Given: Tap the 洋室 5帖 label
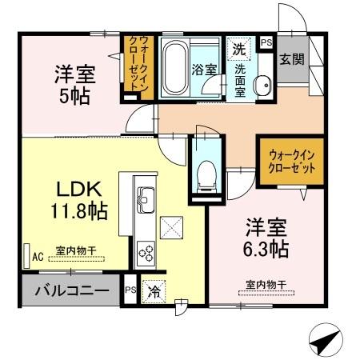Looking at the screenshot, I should click(74, 84).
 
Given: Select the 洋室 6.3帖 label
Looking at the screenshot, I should click(266, 238).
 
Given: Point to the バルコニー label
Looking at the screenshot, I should click(71, 290).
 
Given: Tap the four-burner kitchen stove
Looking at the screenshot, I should click(146, 253).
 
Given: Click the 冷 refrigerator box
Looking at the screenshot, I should click(153, 291).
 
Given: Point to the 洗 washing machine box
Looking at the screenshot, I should click(238, 49).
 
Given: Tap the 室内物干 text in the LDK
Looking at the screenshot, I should click(76, 251).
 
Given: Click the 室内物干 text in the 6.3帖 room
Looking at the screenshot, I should click(266, 285).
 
